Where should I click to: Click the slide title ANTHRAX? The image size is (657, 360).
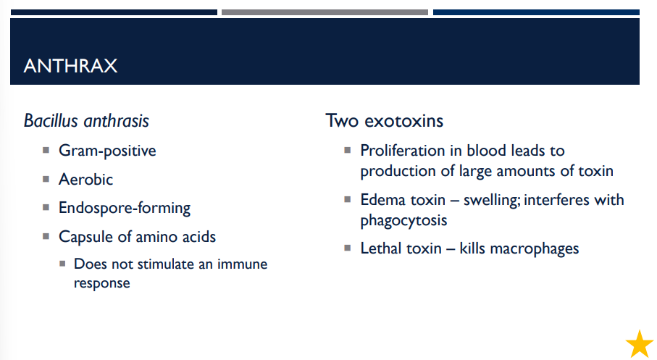click(x=70, y=66)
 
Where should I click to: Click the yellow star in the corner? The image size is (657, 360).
click(x=640, y=343)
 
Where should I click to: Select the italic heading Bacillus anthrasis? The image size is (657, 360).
click(x=86, y=120)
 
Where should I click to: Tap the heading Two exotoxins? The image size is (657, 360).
click(x=384, y=120)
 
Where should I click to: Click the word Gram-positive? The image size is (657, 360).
click(x=107, y=151)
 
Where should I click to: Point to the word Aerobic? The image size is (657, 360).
click(x=85, y=179)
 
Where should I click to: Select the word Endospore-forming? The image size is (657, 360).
click(x=125, y=208)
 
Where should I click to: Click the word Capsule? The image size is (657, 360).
click(x=86, y=237)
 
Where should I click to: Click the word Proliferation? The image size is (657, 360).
click(x=402, y=151)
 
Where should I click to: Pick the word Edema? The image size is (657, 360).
click(x=382, y=199)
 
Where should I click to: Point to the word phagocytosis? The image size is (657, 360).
click(x=403, y=219)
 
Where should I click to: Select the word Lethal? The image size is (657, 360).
click(x=382, y=248)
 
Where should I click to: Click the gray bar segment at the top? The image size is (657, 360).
click(x=325, y=12)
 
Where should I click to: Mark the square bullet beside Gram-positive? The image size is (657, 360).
click(x=45, y=151)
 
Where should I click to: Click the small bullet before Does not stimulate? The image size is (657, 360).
click(x=62, y=264)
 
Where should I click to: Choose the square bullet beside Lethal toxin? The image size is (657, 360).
click(x=347, y=248)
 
